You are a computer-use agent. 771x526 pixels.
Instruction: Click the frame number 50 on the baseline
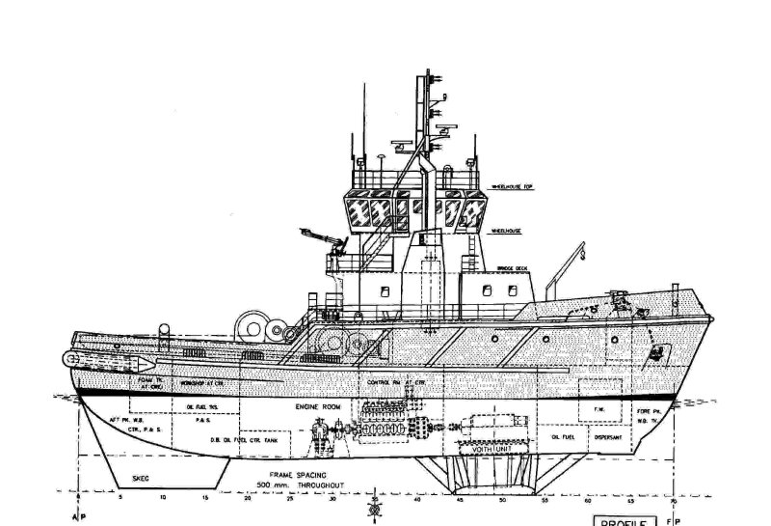(503, 500)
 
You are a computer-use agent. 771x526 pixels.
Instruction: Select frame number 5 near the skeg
(121, 500)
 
